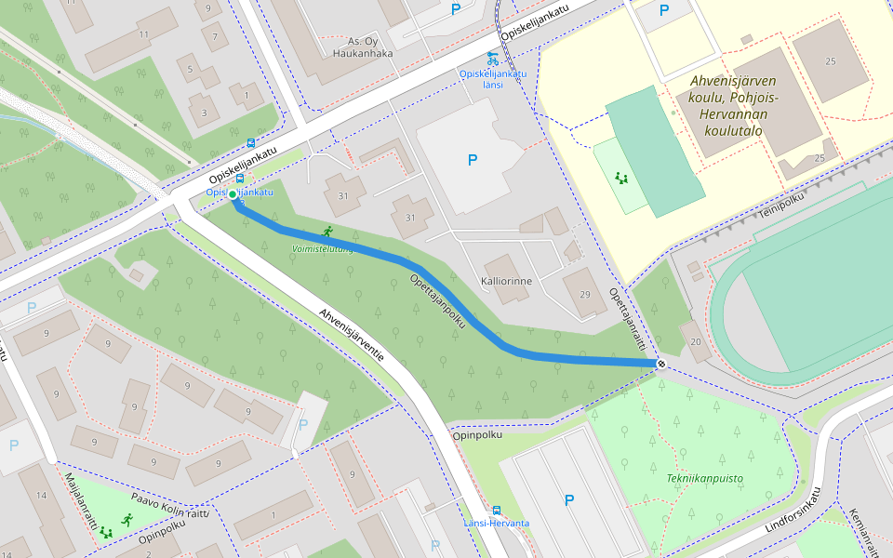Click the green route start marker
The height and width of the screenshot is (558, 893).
coord(233,194)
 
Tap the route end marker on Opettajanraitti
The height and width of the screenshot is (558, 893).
coord(661,364)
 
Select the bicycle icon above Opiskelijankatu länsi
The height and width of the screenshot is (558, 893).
coord(492,59)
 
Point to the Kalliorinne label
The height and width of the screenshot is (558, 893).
coord(506,281)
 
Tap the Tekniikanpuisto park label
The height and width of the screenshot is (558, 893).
coord(704,478)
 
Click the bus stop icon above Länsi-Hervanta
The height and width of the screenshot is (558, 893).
coord(496,510)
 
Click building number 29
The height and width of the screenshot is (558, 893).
coord(585,295)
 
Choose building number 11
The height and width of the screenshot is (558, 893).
coord(142,34)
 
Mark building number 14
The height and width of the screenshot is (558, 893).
coord(41,495)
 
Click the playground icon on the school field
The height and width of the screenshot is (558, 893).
coord(621,177)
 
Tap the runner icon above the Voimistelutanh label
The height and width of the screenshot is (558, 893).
coord(327,232)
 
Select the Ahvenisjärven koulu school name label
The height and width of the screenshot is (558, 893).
coord(733,105)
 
